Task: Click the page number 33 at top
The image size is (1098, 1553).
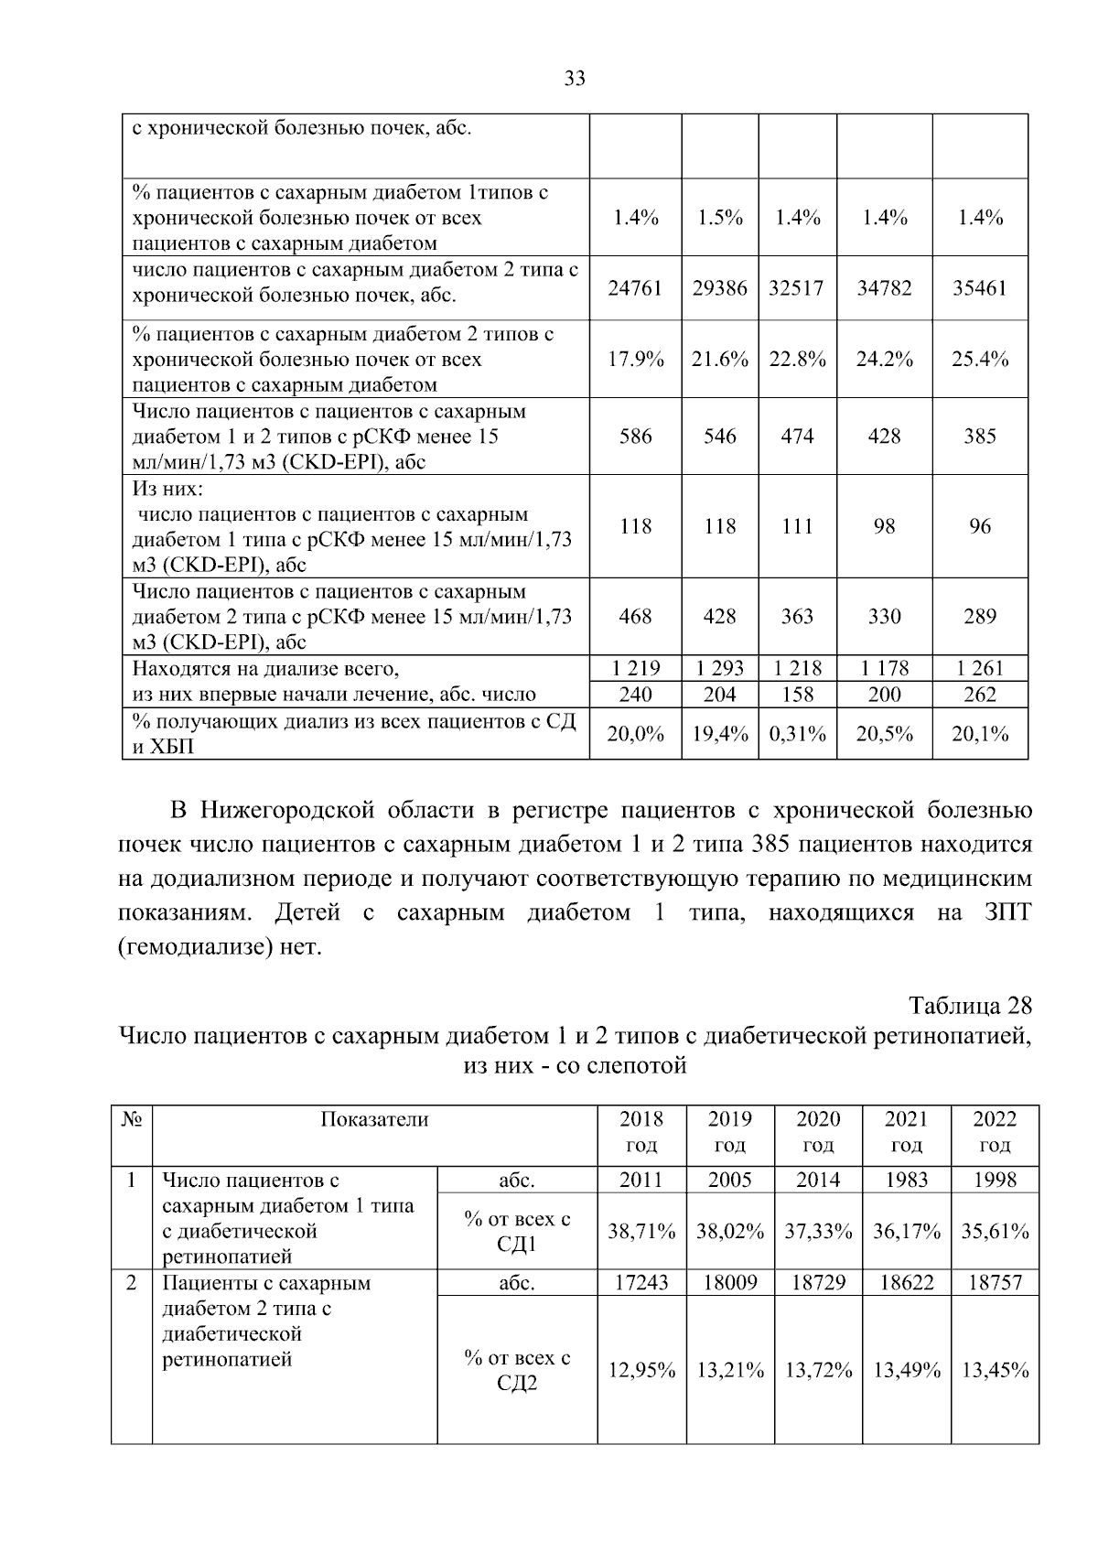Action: (574, 79)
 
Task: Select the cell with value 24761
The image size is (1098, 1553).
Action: (635, 288)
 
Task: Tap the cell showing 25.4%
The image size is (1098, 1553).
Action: (979, 360)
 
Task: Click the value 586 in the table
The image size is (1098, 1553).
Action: (635, 437)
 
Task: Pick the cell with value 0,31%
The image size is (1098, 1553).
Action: (797, 734)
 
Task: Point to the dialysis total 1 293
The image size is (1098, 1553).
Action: (720, 669)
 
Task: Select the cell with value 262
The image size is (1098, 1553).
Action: (979, 695)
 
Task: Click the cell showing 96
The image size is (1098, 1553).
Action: (979, 527)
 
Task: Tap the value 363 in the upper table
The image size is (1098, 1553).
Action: (797, 617)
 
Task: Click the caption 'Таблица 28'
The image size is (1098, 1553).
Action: (970, 1006)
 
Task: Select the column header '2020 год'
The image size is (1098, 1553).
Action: (817, 1132)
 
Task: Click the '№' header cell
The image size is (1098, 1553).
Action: (132, 1119)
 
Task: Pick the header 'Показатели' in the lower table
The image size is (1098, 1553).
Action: (374, 1119)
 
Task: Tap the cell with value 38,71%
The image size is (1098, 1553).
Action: (641, 1232)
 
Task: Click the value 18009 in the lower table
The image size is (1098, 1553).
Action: (729, 1283)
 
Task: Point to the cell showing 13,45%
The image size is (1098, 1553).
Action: (995, 1371)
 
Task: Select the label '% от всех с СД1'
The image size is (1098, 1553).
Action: (517, 1232)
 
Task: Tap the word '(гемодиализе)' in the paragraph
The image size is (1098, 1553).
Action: (195, 947)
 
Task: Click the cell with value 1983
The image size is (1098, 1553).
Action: (906, 1180)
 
